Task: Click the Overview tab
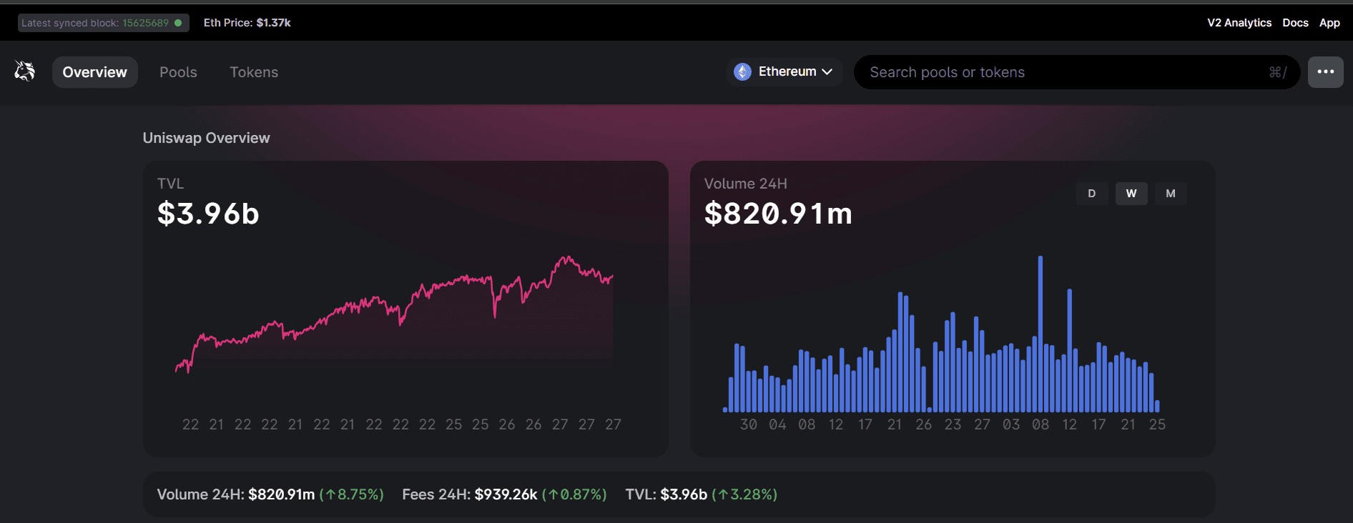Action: [x=94, y=72]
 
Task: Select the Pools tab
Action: [x=178, y=72]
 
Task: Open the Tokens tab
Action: [x=254, y=72]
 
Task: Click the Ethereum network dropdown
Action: [x=784, y=71]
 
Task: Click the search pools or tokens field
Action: [x=1066, y=72]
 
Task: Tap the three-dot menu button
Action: [x=1325, y=71]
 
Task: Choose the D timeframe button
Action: [x=1091, y=194]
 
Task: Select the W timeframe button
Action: [x=1131, y=194]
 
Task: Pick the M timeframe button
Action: [x=1170, y=194]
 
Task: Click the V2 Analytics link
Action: [x=1239, y=23]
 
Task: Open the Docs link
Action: [x=1295, y=23]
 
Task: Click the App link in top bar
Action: [x=1329, y=23]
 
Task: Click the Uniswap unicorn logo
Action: [x=25, y=71]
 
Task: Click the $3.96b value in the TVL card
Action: [x=208, y=214]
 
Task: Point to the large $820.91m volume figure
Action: [x=778, y=214]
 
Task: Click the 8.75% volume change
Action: [x=352, y=494]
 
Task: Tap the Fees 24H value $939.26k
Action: [x=506, y=494]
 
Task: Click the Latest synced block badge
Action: [x=103, y=23]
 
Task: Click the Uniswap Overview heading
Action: [x=206, y=138]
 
